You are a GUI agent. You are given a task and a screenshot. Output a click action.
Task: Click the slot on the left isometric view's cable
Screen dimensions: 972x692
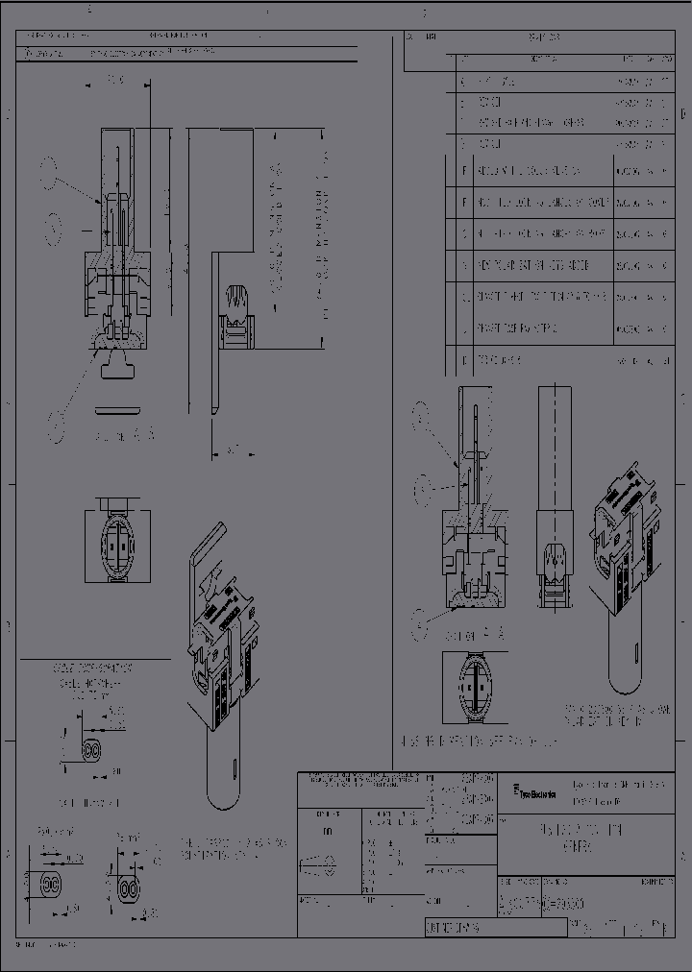pos(235,765)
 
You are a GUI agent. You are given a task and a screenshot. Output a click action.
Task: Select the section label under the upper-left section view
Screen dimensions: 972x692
pos(123,434)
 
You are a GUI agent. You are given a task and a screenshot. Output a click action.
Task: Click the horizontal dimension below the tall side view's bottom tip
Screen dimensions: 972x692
pos(226,449)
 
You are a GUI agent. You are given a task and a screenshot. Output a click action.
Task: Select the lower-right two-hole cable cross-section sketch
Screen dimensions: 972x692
pos(130,884)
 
